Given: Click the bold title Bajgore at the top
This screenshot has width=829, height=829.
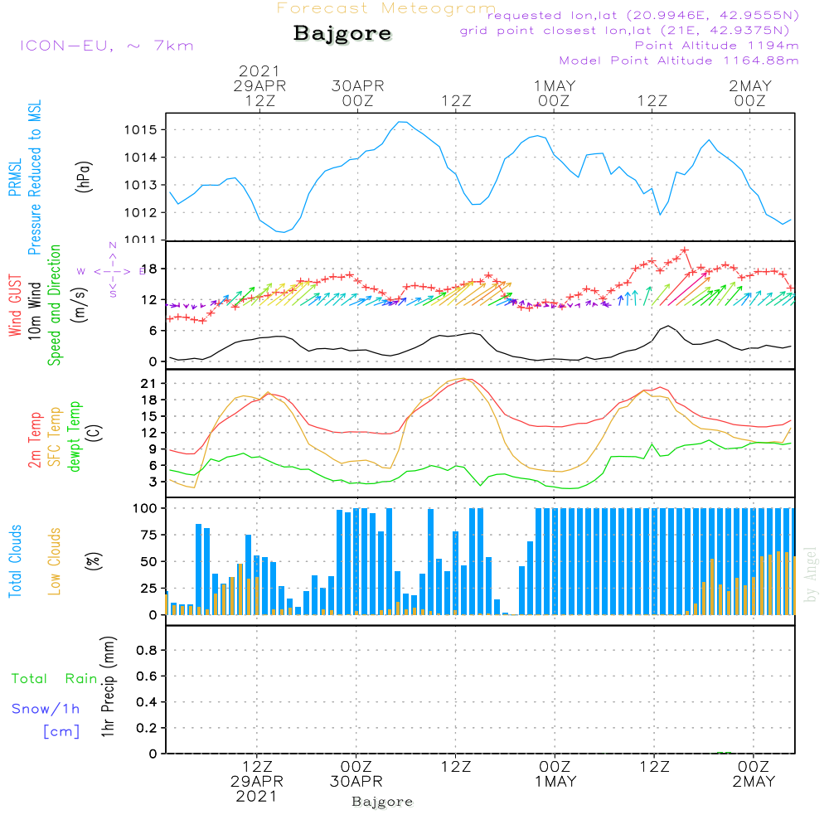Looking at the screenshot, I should click(342, 34).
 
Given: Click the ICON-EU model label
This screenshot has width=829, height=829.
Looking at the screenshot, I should click(106, 46).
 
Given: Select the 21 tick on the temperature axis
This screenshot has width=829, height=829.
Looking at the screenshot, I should click(149, 384).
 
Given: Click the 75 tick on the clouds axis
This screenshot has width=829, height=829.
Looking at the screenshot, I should click(146, 535).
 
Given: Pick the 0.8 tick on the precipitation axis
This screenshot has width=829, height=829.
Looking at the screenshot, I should click(146, 651).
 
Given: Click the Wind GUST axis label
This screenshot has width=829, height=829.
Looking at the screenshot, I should click(15, 307).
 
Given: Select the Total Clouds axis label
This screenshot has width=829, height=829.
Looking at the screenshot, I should click(15, 561).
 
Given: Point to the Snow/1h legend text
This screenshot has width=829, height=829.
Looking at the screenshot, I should click(46, 709).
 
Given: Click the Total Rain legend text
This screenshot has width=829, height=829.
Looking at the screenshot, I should click(55, 678).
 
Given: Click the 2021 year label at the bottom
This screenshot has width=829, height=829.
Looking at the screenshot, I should click(257, 797).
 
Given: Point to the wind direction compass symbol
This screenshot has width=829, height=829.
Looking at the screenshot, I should click(113, 270).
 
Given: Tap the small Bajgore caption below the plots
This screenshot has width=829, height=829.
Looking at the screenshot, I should click(382, 802).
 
